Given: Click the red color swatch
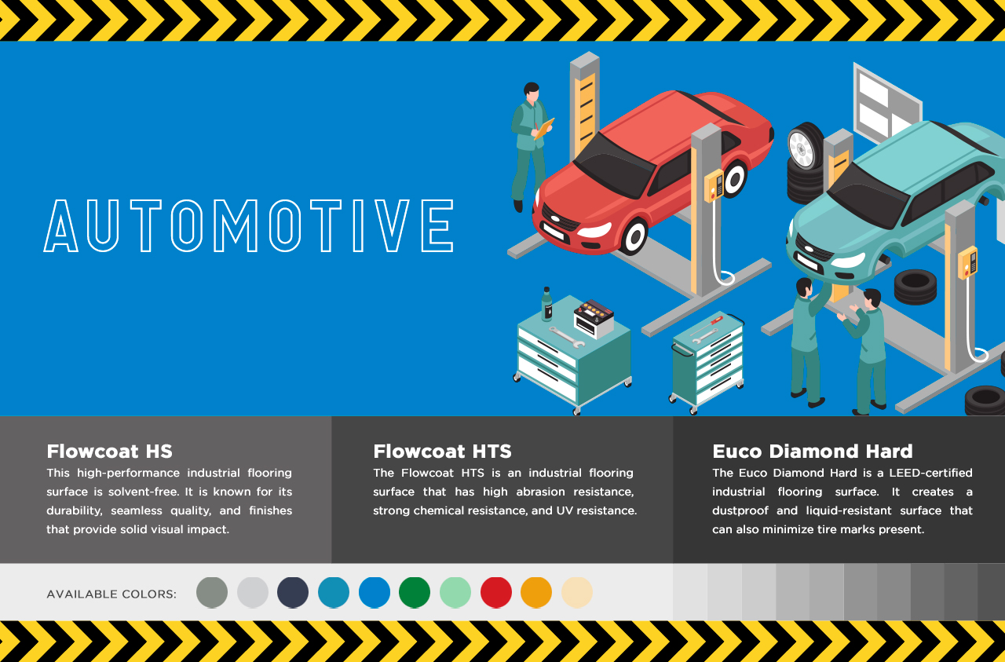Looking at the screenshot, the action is tap(495, 592).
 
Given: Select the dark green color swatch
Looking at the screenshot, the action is tap(415, 592).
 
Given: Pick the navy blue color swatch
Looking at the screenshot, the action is tap(293, 592).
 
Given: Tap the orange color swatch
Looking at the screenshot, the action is tap(536, 592).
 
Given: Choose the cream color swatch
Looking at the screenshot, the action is tap(577, 592).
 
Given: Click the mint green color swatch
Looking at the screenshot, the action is tap(455, 592).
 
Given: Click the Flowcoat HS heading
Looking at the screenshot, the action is tap(109, 452).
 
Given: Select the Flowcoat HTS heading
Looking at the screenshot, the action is tap(442, 452).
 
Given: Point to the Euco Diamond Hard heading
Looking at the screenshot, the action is tap(813, 452).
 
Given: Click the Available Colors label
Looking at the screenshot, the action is tap(111, 594).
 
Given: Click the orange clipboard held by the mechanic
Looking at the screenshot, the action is tap(544, 128).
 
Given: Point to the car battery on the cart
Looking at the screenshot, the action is tap(594, 318).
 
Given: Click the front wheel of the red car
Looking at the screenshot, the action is tap(634, 236).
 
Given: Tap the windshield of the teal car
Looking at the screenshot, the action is tap(868, 196).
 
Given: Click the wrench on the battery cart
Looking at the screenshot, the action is tap(567, 337).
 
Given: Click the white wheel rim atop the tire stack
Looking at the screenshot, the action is tap(802, 149).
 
